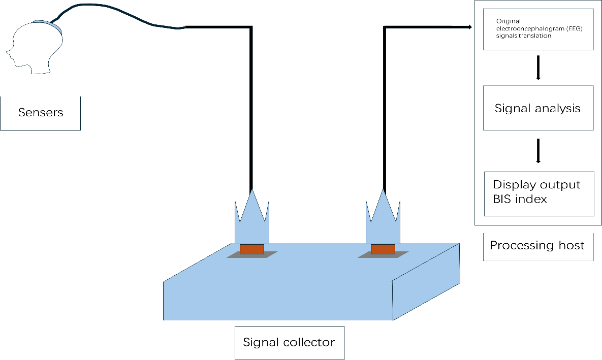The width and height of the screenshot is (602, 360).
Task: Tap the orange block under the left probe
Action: [251, 249]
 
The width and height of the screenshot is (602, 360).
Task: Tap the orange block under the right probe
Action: [383, 249]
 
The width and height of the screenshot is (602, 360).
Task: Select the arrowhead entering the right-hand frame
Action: [469, 27]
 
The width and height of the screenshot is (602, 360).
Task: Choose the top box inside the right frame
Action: [538, 29]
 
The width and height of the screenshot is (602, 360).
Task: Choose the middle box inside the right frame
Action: [538, 108]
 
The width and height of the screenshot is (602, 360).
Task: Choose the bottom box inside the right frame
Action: [538, 194]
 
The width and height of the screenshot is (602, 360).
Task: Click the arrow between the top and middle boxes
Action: [538, 68]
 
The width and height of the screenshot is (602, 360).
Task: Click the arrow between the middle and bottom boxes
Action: [538, 151]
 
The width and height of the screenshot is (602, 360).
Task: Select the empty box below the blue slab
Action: [289, 343]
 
